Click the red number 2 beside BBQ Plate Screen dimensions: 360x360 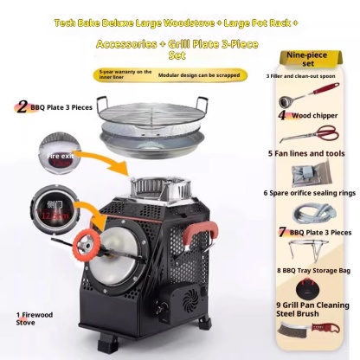22,107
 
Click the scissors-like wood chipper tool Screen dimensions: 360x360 321,133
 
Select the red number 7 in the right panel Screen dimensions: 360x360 282,232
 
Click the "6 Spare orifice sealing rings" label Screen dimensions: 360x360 312,191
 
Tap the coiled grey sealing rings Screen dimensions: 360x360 316,212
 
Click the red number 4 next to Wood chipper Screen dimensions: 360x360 282,113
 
